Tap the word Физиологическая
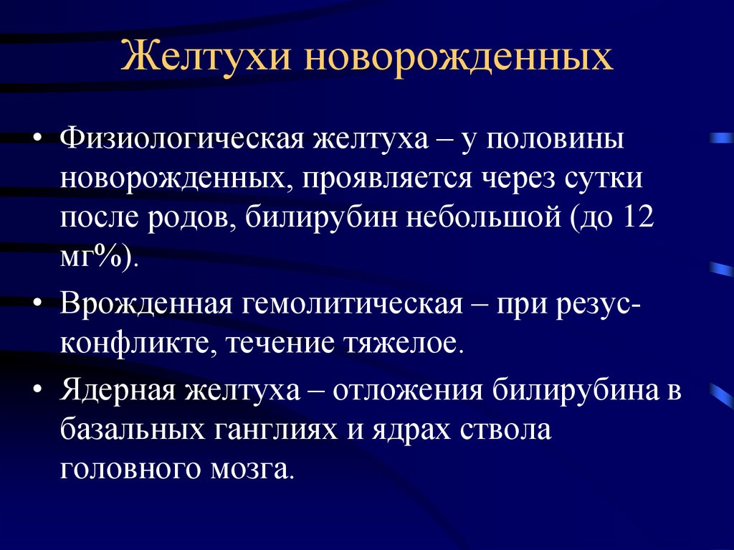[183, 140]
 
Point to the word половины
[555, 140]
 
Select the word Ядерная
[118, 390]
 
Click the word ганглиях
[276, 430]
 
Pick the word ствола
[505, 430]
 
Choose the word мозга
[252, 470]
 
